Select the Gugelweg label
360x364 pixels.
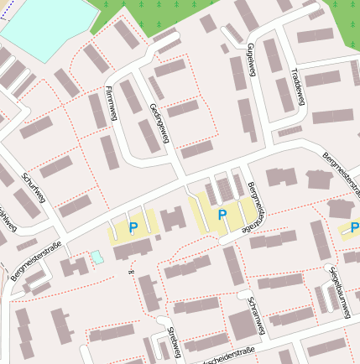tap(251, 60)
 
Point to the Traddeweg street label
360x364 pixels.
tap(299, 90)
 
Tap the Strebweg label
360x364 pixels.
tap(174, 342)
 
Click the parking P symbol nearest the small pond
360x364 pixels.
tap(133, 226)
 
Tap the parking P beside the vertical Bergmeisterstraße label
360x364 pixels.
tap(222, 215)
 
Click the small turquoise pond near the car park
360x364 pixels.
tap(97, 257)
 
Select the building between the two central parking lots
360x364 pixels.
tap(174, 219)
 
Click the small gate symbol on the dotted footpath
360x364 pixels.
tap(129, 271)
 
